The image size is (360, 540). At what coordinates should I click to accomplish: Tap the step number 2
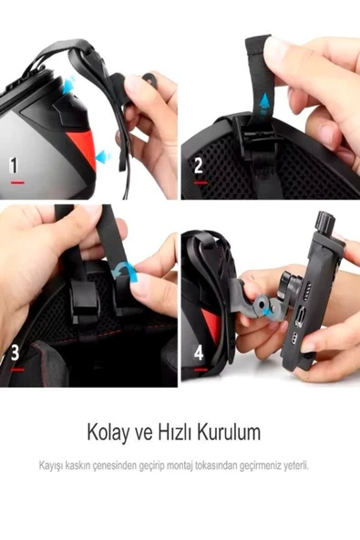tap(199, 165)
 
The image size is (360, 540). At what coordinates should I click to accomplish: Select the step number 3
tap(15, 351)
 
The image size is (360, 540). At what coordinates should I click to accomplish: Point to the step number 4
tap(199, 351)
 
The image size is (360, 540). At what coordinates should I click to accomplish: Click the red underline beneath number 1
tap(17, 182)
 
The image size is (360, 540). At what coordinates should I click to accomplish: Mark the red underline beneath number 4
tap(201, 368)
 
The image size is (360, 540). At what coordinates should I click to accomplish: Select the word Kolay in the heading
tap(107, 430)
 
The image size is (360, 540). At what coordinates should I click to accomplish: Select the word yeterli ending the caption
tap(295, 465)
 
